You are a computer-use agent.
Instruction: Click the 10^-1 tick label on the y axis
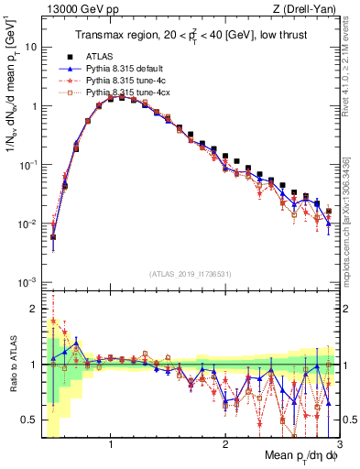27,164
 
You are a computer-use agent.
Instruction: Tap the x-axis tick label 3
338,443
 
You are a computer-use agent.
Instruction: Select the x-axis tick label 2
224,443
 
